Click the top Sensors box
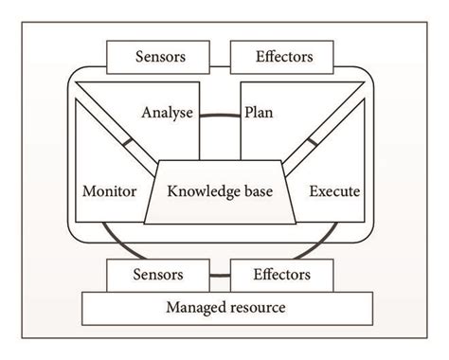tap(159, 56)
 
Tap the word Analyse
tap(168, 113)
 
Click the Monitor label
tap(110, 191)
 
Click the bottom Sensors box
tap(159, 276)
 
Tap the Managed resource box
tap(224, 308)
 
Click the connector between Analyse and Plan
tap(219, 116)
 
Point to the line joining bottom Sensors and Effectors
tap(221, 277)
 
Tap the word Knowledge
tap(204, 191)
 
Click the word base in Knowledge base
tap(257, 191)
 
